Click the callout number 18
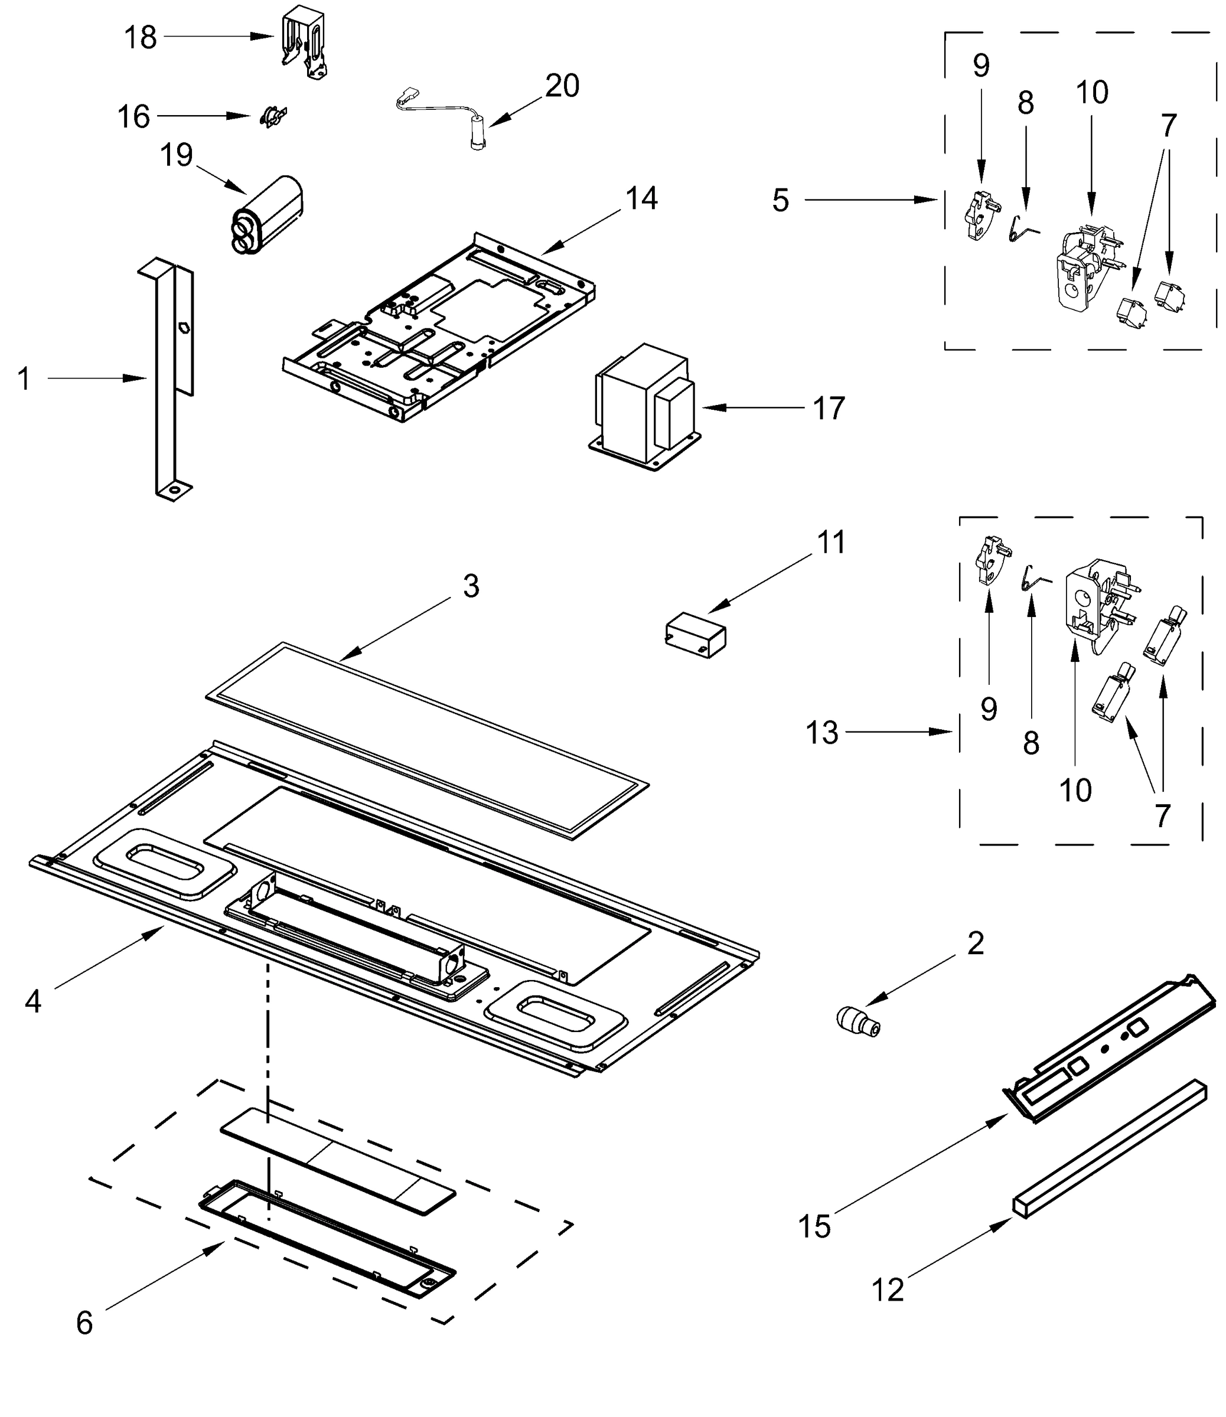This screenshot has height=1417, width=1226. tap(140, 38)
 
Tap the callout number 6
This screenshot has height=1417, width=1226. tap(84, 1323)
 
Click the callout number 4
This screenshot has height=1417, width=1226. tap(33, 1002)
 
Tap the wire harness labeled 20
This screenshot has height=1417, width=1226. tap(445, 116)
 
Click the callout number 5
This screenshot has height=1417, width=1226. tap(781, 200)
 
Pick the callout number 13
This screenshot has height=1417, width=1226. tap(821, 733)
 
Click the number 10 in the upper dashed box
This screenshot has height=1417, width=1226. tap(1091, 92)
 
